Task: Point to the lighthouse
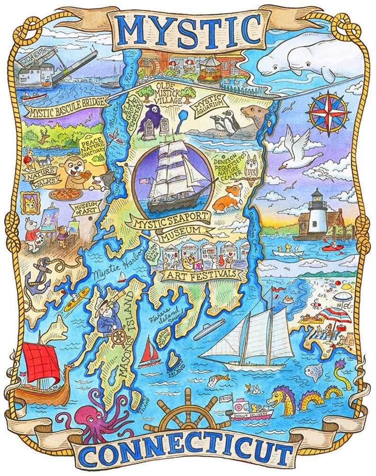pos(316,215)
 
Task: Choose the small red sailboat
pos(149,350)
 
